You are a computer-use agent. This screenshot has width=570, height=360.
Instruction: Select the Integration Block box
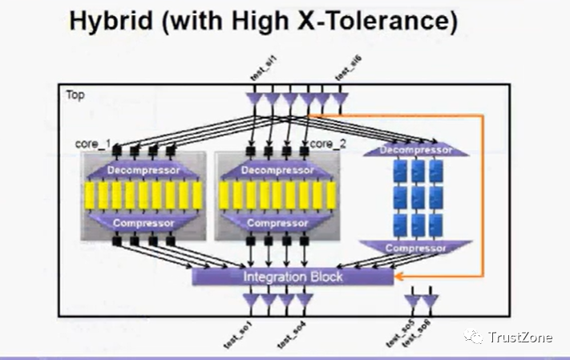(x=293, y=277)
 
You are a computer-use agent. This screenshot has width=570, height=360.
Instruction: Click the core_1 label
(x=92, y=144)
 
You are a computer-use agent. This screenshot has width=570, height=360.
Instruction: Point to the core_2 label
(x=327, y=144)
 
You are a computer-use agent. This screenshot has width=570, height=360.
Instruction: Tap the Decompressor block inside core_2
(x=276, y=170)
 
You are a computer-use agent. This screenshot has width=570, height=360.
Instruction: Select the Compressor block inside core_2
(x=276, y=222)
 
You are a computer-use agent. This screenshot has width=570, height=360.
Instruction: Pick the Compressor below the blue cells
(x=415, y=248)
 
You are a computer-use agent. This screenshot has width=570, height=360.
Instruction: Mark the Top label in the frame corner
(x=75, y=95)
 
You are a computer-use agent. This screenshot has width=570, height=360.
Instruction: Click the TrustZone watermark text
(x=520, y=338)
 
